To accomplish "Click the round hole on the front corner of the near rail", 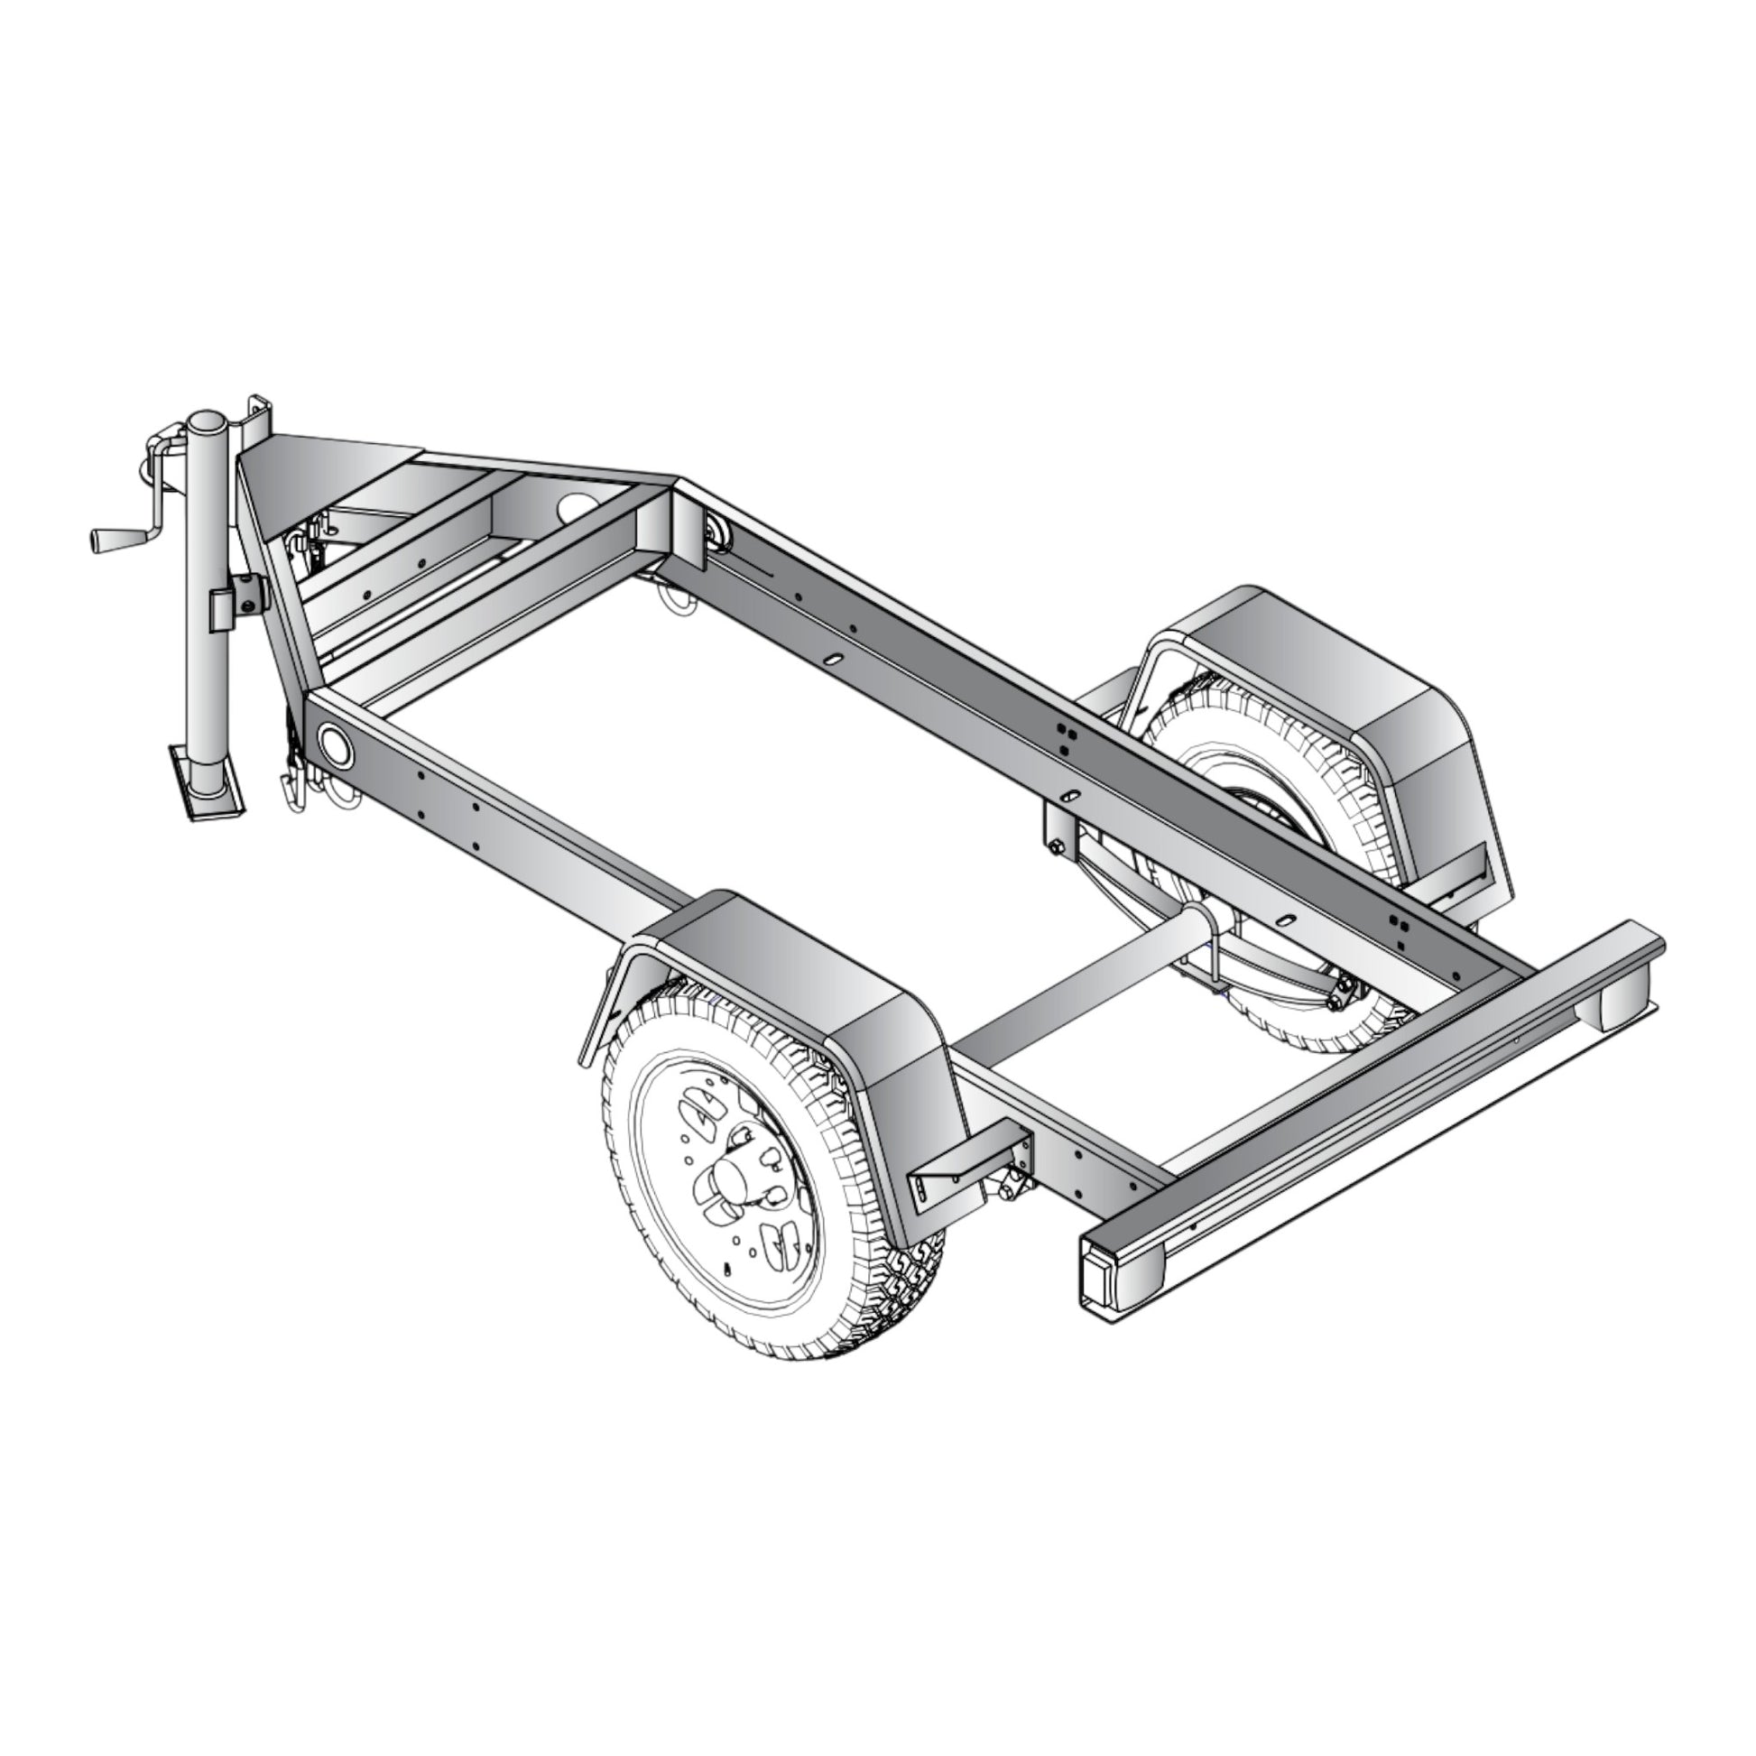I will point(336,745).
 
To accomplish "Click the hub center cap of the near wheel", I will point(727,1181).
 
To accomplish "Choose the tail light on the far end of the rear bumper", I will point(1625,1005).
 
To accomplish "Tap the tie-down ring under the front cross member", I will point(677,602).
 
